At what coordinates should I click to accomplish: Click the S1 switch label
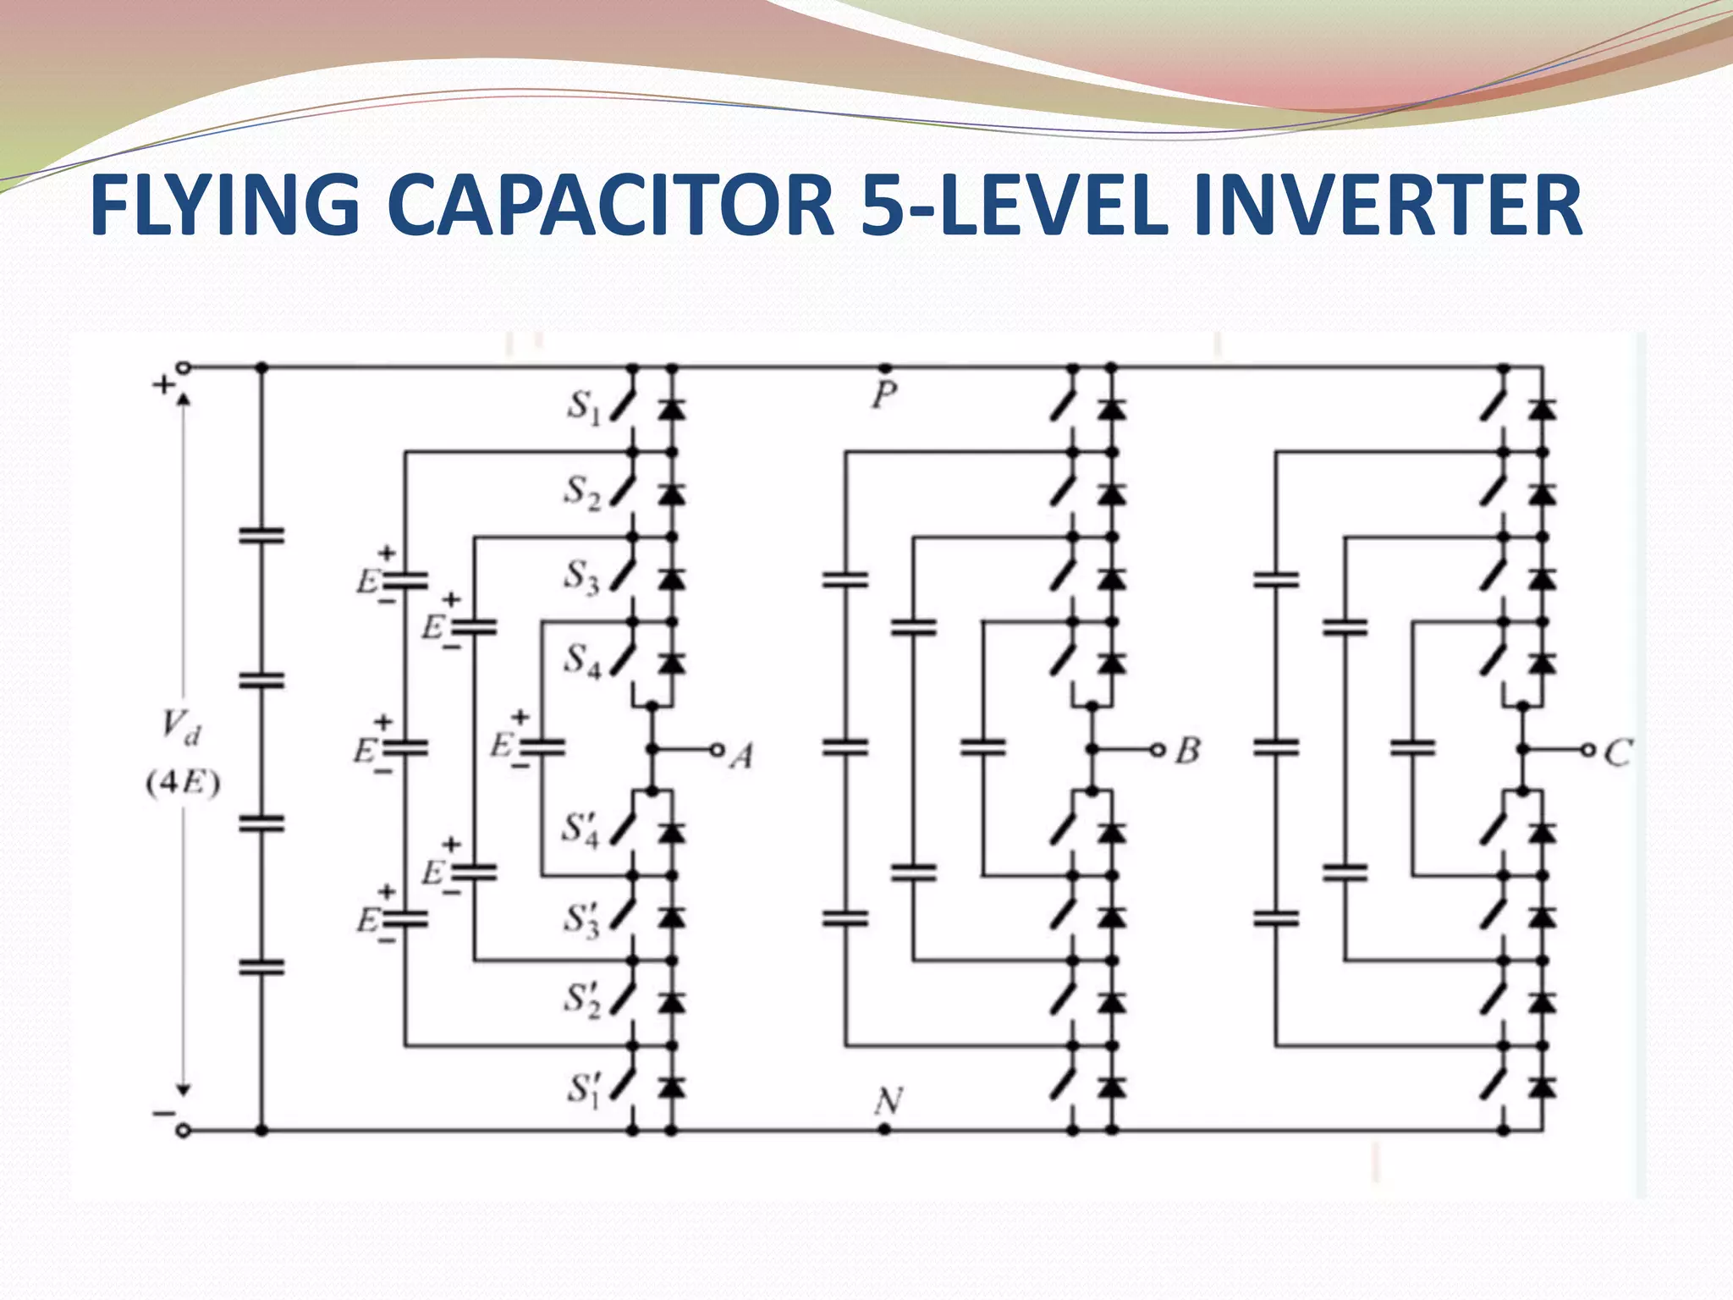click(x=583, y=408)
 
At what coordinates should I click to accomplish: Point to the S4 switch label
click(x=583, y=660)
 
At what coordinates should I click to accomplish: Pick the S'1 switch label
click(x=583, y=1088)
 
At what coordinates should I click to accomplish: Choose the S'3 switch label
click(x=583, y=919)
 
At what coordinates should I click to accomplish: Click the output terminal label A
click(x=742, y=756)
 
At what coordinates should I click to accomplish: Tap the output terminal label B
click(x=1188, y=751)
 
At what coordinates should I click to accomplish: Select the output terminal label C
click(x=1618, y=752)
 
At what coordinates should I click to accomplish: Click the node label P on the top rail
click(x=884, y=395)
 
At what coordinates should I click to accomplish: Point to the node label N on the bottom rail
click(x=888, y=1102)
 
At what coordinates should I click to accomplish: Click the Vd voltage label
click(x=181, y=729)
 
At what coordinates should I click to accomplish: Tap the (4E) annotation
click(x=183, y=785)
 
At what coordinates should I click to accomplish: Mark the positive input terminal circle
click(x=184, y=367)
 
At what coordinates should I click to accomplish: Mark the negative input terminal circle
click(x=183, y=1130)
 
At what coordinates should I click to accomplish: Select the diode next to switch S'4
click(x=672, y=833)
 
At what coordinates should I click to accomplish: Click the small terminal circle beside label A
click(x=717, y=749)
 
